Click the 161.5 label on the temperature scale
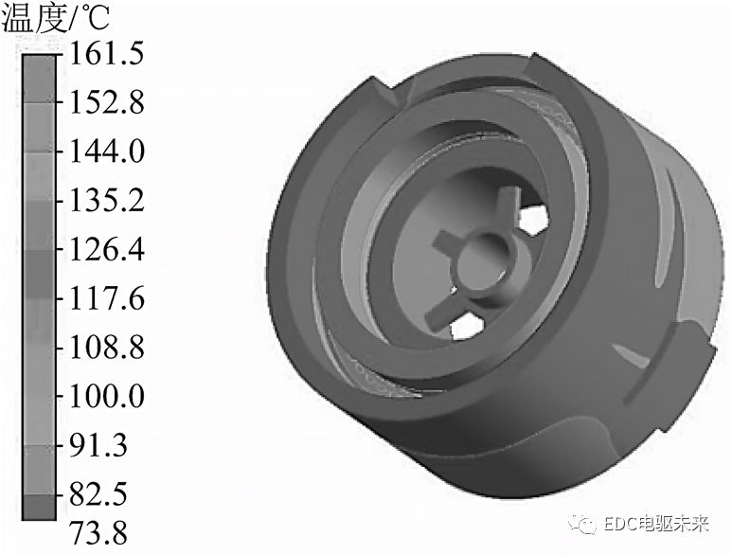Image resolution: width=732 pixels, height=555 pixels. click(106, 54)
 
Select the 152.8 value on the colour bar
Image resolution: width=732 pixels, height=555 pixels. click(106, 102)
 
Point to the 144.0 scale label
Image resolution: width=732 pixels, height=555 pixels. click(106, 152)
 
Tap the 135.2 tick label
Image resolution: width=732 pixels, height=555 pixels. click(106, 201)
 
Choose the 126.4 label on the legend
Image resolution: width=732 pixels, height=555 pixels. click(106, 249)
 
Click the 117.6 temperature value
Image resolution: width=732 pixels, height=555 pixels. click(106, 298)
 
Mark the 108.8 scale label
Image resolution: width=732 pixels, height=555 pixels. click(106, 348)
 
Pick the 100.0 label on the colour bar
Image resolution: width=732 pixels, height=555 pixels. click(106, 397)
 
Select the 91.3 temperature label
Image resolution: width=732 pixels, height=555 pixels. click(98, 445)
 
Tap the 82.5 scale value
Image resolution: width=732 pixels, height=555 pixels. click(98, 494)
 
